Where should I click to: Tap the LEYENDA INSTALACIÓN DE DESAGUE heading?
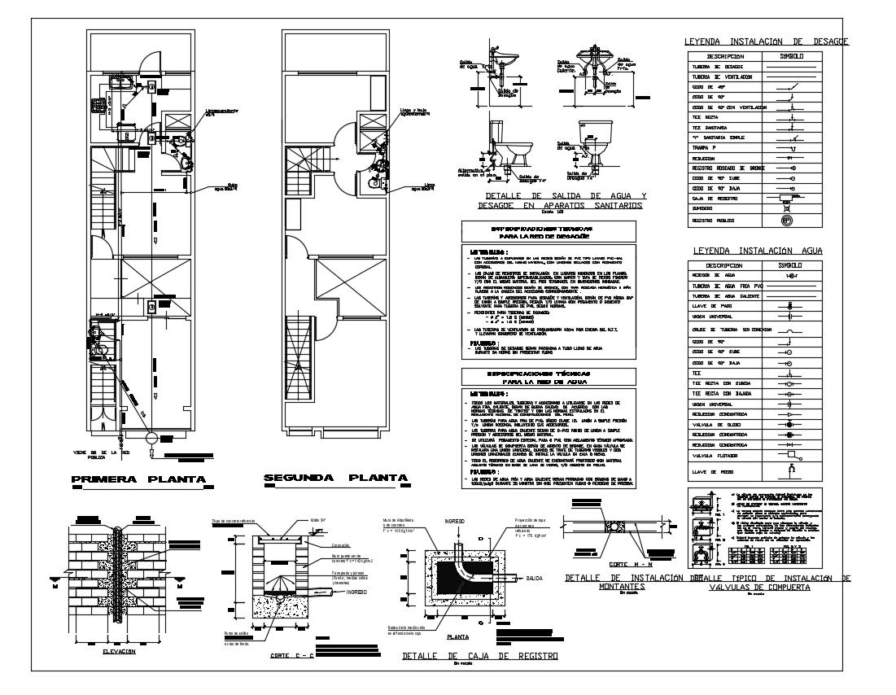(x=767, y=41)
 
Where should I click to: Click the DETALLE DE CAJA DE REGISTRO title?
(x=457, y=655)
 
